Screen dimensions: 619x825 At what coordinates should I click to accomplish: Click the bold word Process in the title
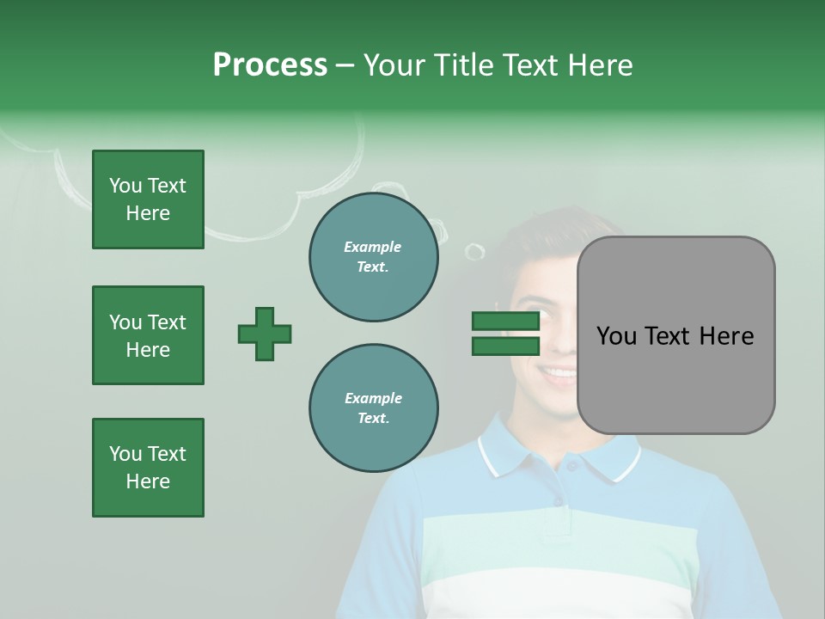270,65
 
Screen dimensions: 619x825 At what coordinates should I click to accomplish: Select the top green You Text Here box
148,199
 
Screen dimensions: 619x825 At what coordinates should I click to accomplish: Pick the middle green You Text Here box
148,335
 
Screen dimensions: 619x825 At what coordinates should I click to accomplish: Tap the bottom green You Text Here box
148,468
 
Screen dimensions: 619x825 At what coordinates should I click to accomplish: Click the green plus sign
265,334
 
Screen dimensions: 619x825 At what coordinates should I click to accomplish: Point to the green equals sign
505,334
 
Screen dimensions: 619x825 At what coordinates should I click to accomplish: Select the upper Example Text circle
373,257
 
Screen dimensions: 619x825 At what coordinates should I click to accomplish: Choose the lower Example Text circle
373,408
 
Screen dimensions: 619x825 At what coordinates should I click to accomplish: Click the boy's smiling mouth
559,374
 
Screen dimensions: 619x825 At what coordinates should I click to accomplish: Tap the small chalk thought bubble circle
474,251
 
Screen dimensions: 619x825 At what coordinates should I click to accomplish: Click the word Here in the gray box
726,336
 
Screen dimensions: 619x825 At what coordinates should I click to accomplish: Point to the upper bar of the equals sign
505,321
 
